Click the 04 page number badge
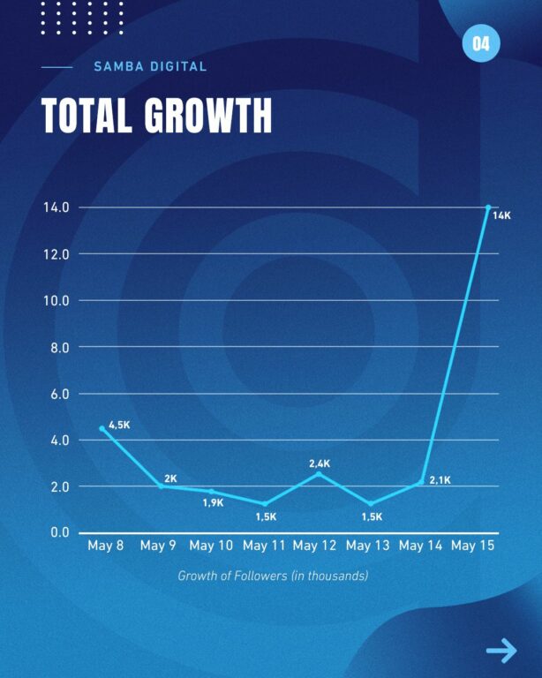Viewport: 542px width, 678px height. click(x=481, y=44)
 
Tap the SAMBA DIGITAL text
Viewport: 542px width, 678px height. click(x=150, y=66)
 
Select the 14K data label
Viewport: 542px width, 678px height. click(x=501, y=215)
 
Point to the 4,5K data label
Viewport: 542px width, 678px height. click(x=119, y=426)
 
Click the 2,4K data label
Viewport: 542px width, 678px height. click(x=320, y=463)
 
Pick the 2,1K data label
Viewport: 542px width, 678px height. click(x=440, y=480)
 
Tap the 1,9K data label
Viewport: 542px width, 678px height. click(x=213, y=503)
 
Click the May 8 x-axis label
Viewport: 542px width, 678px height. click(x=106, y=546)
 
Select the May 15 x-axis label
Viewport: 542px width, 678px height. click(x=473, y=546)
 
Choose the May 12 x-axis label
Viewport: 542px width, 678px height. click(x=315, y=546)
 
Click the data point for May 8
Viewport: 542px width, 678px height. click(x=102, y=429)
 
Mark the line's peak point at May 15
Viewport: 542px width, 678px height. click(x=488, y=207)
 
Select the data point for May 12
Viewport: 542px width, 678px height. click(x=319, y=474)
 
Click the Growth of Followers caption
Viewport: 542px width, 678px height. click(x=273, y=576)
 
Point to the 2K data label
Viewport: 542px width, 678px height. click(x=170, y=478)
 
